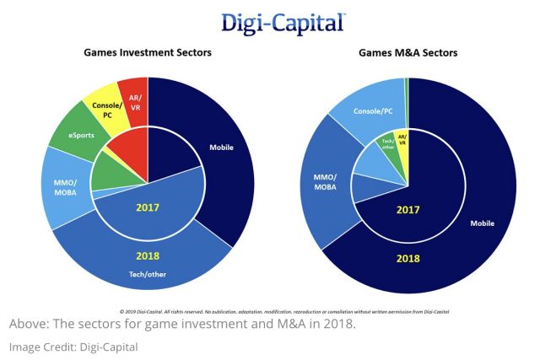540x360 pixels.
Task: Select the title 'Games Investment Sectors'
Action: click(x=147, y=53)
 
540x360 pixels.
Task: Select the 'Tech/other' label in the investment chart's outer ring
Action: click(x=148, y=273)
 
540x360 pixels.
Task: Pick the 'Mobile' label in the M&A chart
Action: click(x=483, y=224)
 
